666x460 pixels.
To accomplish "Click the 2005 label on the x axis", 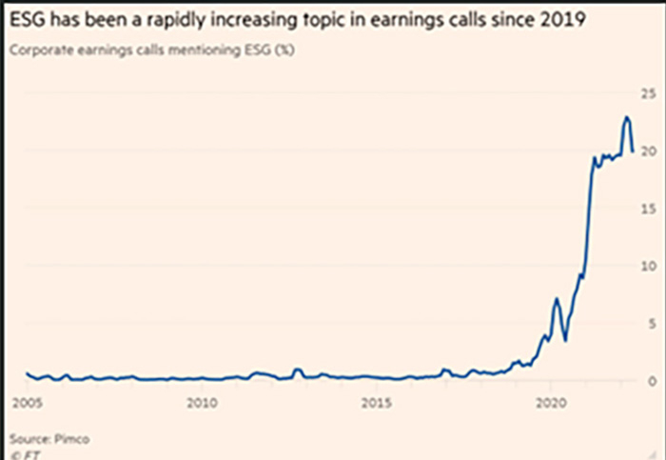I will [27, 402].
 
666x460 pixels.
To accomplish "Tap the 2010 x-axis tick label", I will [199, 402].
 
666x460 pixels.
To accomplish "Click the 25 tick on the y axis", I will [651, 93].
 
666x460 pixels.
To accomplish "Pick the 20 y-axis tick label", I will [651, 150].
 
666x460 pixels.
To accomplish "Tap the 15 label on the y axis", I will [651, 208].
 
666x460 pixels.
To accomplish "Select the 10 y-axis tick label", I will [651, 265].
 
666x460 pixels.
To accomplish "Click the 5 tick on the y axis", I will [654, 323].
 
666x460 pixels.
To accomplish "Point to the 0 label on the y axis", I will [654, 380].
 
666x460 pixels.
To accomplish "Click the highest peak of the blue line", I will [626, 117].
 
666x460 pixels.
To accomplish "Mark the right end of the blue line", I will [633, 150].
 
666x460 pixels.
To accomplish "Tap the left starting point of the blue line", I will [27, 373].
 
